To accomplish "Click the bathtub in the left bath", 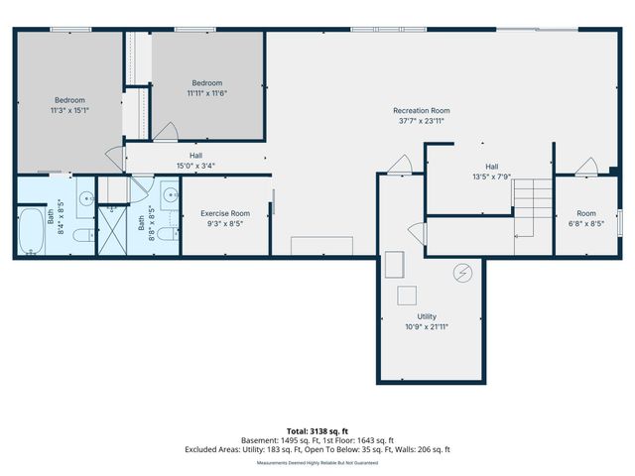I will coord(33,230).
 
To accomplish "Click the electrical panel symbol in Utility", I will coord(461,272).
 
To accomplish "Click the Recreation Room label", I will coord(421,110).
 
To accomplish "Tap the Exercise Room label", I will coord(225,213).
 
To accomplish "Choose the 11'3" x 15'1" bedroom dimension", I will coord(69,110).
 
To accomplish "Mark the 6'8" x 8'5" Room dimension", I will coord(586,223).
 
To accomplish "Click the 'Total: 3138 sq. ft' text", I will coord(317,430).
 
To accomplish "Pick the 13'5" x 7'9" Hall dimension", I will coord(491,177).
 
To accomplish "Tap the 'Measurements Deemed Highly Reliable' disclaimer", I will coord(317,462).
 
